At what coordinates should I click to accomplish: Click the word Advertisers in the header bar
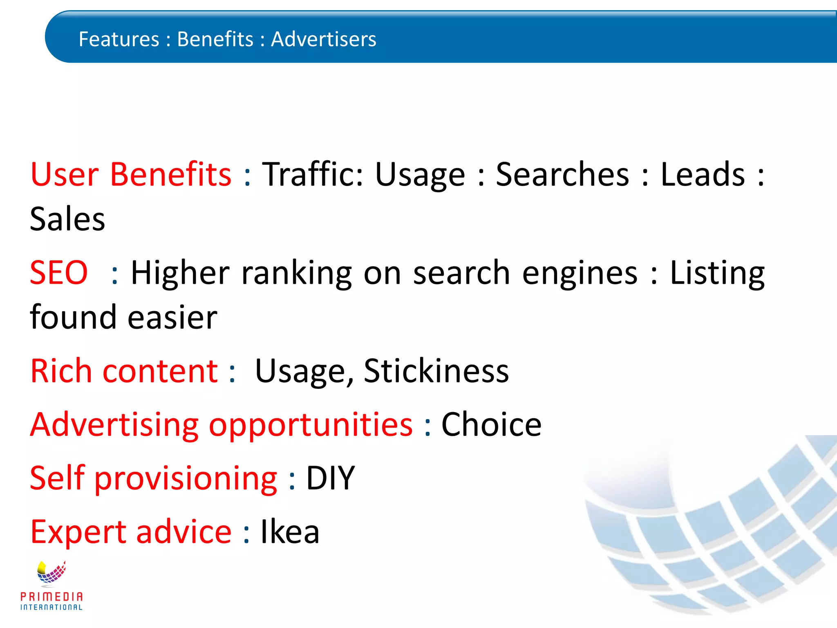[323, 39]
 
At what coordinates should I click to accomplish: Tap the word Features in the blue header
[119, 39]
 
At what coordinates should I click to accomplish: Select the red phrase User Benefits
[131, 174]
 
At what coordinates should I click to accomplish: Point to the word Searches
[562, 174]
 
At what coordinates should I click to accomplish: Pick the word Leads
[703, 174]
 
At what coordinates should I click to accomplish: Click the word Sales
[67, 219]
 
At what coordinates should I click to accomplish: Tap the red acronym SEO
[59, 273]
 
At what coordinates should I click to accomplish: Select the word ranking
[297, 273]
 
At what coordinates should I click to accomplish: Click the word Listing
[717, 273]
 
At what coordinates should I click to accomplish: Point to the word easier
[172, 317]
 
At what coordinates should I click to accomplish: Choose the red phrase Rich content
[124, 371]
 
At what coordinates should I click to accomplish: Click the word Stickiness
[436, 371]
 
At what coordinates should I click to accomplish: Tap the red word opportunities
[311, 425]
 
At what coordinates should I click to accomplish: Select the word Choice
[491, 425]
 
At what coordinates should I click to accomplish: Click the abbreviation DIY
[330, 478]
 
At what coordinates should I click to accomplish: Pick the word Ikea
[290, 532]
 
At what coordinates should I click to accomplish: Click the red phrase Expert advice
[131, 532]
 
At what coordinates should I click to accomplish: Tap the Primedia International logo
[51, 585]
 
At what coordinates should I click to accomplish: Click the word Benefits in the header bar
[215, 39]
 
